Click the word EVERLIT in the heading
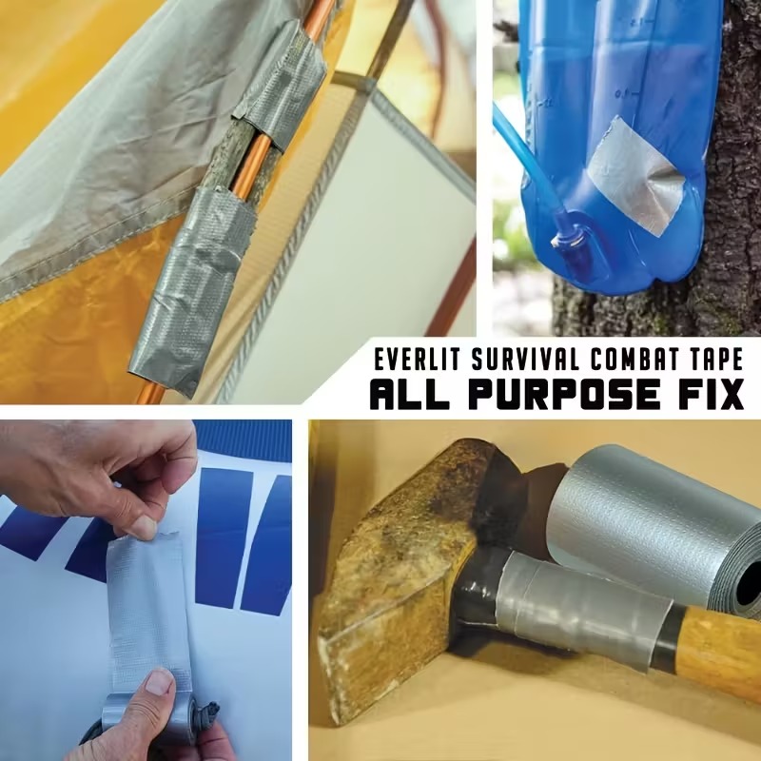click(x=418, y=361)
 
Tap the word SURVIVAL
click(x=527, y=361)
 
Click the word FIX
click(x=710, y=394)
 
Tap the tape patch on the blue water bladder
click(x=635, y=176)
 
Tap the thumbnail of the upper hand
click(x=145, y=528)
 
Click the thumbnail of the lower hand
click(x=160, y=681)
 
